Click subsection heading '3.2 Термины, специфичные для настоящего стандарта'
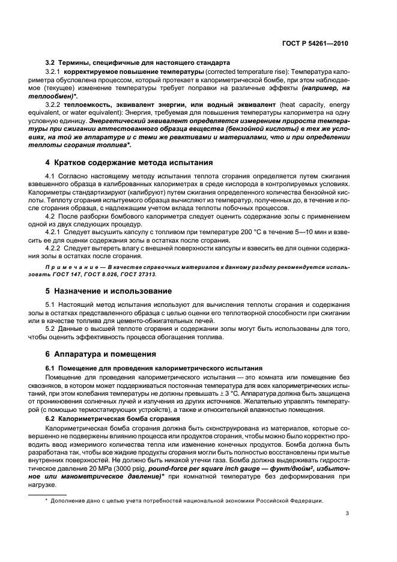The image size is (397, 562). point(135,62)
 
